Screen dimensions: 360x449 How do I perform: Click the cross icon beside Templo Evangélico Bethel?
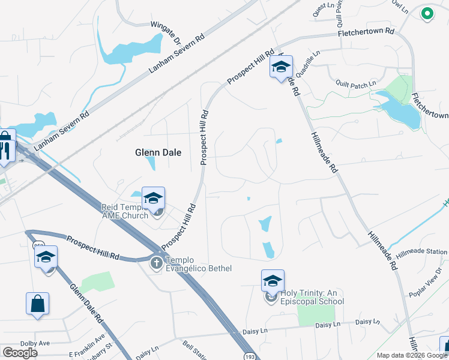coord(156,262)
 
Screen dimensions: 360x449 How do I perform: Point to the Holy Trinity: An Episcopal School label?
coord(312,297)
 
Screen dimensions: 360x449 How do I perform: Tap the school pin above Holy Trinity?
coord(273,280)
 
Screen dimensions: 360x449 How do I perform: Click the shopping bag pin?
coord(37,304)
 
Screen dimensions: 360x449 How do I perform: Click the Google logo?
coord(20,353)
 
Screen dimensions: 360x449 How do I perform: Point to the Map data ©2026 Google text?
coord(412,356)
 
